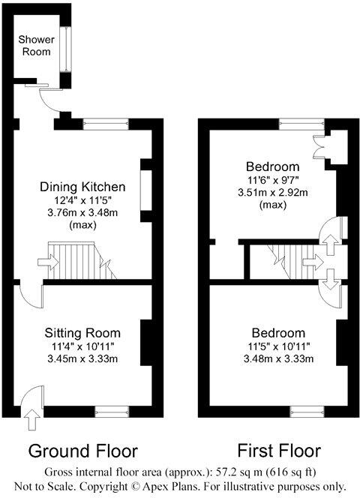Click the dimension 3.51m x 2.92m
[268, 191]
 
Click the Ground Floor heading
[83, 451]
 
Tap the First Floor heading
[279, 451]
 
